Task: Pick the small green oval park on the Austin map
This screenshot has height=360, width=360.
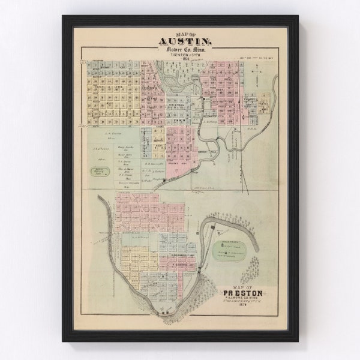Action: pyautogui.click(x=98, y=171)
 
